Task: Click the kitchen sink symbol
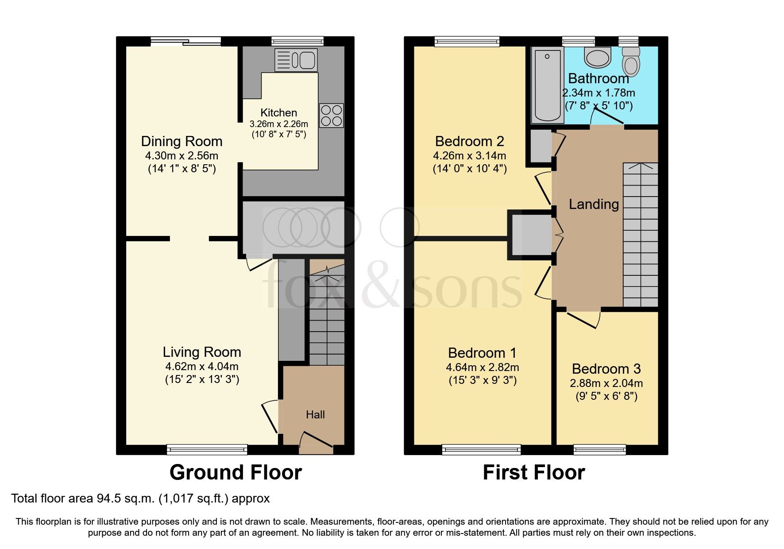click(296, 60)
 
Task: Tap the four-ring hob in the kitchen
click(331, 116)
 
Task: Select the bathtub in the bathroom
click(548, 85)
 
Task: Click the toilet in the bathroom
click(631, 62)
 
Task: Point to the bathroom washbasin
click(597, 58)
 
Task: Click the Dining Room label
click(182, 142)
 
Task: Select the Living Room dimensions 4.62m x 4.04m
click(201, 367)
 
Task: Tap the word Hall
click(315, 415)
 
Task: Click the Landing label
click(594, 205)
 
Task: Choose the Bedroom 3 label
click(606, 369)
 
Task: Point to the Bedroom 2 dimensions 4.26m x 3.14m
click(469, 156)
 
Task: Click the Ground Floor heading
click(236, 472)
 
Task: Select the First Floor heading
click(533, 472)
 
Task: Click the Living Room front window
click(207, 450)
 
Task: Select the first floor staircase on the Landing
click(640, 235)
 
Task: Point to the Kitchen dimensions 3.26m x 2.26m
click(278, 124)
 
